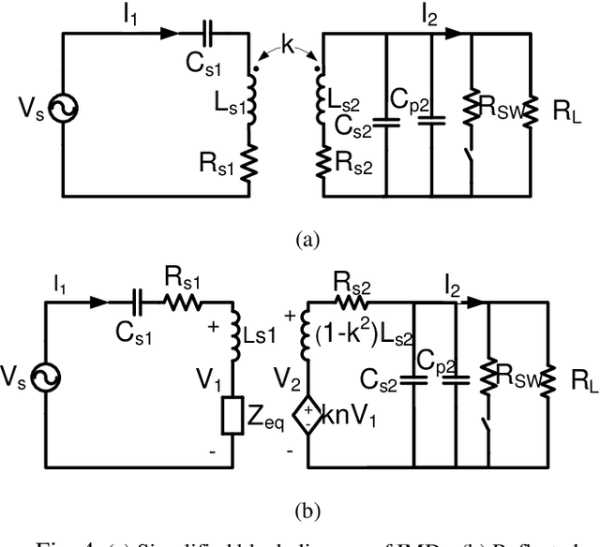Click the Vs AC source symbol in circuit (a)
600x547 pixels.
coord(65,111)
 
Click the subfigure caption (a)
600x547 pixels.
coord(307,240)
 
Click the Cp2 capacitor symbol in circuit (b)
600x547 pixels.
coord(457,380)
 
